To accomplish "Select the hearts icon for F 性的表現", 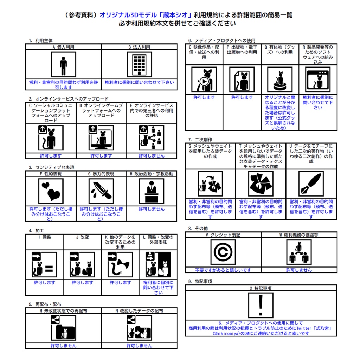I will (51, 191).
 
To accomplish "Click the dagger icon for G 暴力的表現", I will (101, 191).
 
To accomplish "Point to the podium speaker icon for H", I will (152, 191).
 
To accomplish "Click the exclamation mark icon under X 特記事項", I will (261, 305).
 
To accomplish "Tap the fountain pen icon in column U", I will (311, 184).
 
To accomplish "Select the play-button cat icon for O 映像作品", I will (204, 80).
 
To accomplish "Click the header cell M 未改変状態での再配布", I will (63, 311).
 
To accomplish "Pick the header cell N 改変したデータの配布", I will (139, 311).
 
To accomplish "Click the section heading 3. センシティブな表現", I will (52, 167).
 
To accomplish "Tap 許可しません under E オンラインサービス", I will (152, 156).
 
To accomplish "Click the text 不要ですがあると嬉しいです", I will (223, 270).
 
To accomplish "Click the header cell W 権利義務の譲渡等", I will (299, 235).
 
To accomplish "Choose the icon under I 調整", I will (44, 264).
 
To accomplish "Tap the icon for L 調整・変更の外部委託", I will (158, 264).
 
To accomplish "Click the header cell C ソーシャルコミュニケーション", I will (51, 113).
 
